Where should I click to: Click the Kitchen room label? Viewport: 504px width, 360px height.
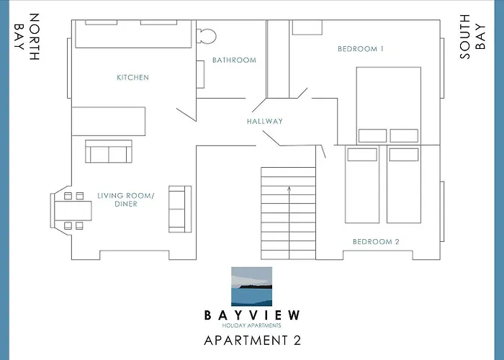pyautogui.click(x=132, y=77)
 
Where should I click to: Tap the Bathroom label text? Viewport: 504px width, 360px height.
pyautogui.click(x=234, y=60)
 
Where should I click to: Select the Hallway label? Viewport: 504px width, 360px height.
pyautogui.click(x=264, y=122)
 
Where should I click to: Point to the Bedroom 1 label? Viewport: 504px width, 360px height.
pyautogui.click(x=360, y=49)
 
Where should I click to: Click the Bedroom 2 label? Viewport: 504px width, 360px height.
pyautogui.click(x=375, y=242)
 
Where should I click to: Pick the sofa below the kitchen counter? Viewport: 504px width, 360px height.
pyautogui.click(x=109, y=152)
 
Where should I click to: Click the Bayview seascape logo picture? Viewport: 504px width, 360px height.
pyautogui.click(x=252, y=287)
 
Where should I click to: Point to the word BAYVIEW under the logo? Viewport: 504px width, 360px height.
pyautogui.click(x=252, y=315)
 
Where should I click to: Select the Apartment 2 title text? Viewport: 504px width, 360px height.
pyautogui.click(x=252, y=341)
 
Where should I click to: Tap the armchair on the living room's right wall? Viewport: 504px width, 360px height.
pyautogui.click(x=179, y=208)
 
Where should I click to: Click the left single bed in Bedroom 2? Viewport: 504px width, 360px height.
pyautogui.click(x=361, y=184)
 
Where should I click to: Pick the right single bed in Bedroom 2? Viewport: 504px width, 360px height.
pyautogui.click(x=403, y=184)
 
